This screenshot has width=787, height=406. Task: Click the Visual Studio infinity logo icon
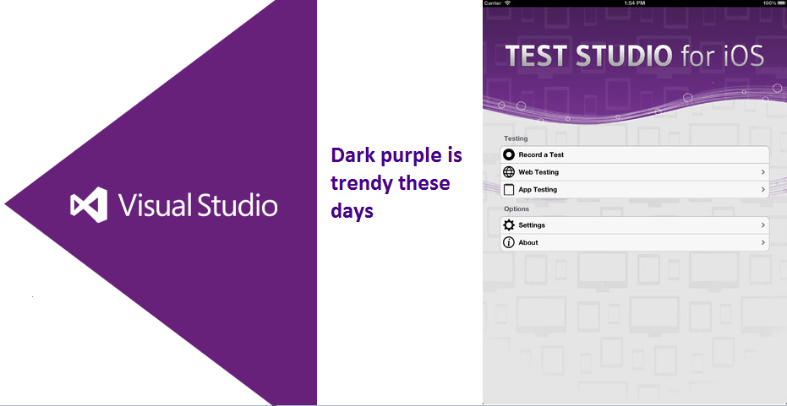point(89,204)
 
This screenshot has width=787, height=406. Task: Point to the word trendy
point(360,183)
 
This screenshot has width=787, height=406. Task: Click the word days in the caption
point(352,210)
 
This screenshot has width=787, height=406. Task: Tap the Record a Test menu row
point(634,154)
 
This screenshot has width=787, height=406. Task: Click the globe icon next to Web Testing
point(509,172)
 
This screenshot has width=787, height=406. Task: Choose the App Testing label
point(538,189)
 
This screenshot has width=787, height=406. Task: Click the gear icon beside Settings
point(509,225)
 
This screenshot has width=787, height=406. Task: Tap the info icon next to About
point(509,242)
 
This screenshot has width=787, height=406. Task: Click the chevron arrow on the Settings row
point(762,225)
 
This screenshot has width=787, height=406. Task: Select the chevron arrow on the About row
point(762,242)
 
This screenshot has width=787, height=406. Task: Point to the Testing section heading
point(516,138)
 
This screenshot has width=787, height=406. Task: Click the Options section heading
point(516,208)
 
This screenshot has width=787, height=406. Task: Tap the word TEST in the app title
point(537,56)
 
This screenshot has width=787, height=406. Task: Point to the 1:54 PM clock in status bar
point(634,3)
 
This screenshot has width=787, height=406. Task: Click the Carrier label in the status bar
point(493,3)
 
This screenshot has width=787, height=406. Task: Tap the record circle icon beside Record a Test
point(509,154)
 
